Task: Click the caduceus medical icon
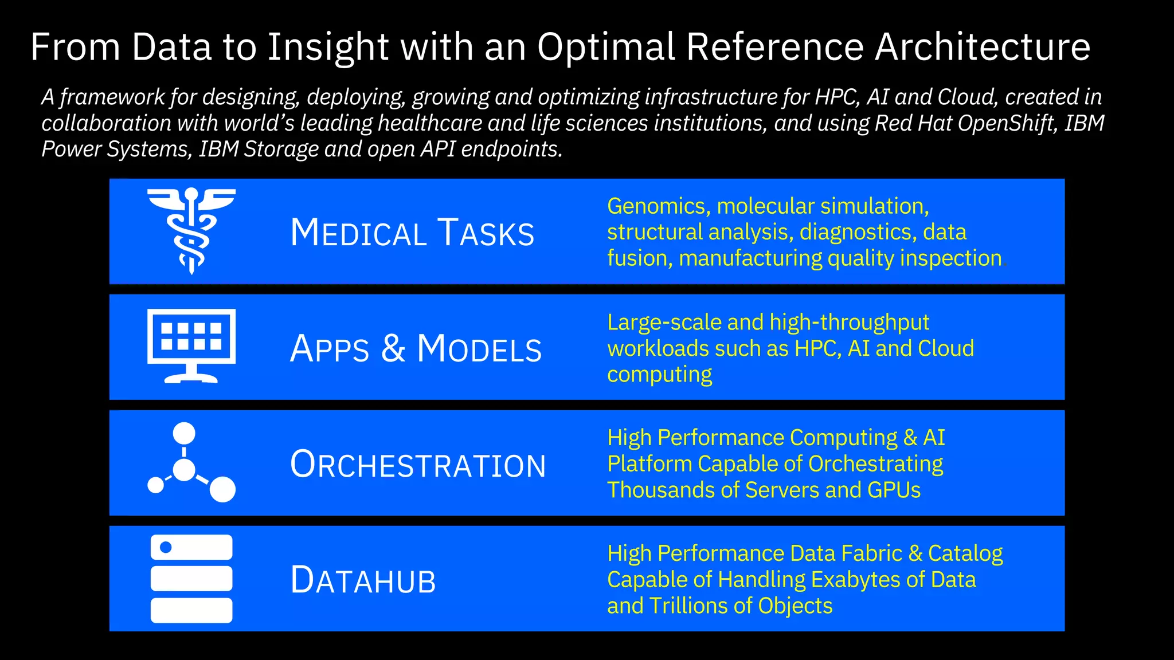191,231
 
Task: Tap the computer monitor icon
191,345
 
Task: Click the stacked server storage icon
191,579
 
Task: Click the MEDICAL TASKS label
412,233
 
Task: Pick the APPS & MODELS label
416,348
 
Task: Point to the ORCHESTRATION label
418,464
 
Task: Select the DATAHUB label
363,580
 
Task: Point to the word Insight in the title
328,47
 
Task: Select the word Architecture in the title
982,47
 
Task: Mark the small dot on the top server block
166,547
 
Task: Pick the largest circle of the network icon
222,489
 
